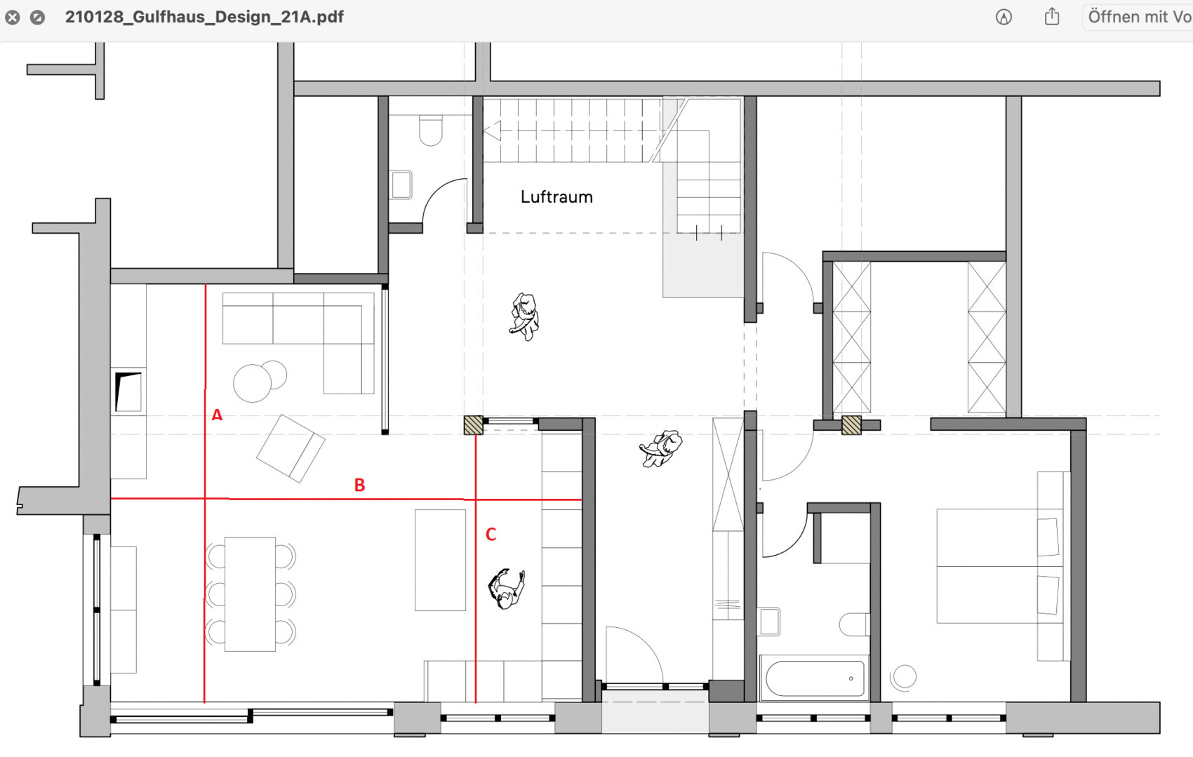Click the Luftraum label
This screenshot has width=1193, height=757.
point(556,197)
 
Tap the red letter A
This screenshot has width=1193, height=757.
point(217,415)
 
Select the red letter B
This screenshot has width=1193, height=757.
point(360,485)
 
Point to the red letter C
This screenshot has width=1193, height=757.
point(491,535)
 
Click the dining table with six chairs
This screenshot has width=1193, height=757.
point(250,594)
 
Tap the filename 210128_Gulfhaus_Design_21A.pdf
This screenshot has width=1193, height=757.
point(204,17)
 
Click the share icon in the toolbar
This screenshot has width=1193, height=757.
point(1052,17)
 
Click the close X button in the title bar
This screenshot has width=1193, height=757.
point(13,18)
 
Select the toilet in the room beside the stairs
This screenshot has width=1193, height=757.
point(430,130)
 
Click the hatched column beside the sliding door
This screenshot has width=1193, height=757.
point(473,425)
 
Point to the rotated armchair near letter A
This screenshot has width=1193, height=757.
point(291,449)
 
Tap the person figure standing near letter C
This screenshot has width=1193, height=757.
point(506,588)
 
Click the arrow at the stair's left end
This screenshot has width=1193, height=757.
point(493,130)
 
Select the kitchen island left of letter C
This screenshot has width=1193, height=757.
point(440,560)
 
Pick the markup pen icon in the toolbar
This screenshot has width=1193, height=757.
point(1004,17)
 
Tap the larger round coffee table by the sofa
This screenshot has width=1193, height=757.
point(253,383)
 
